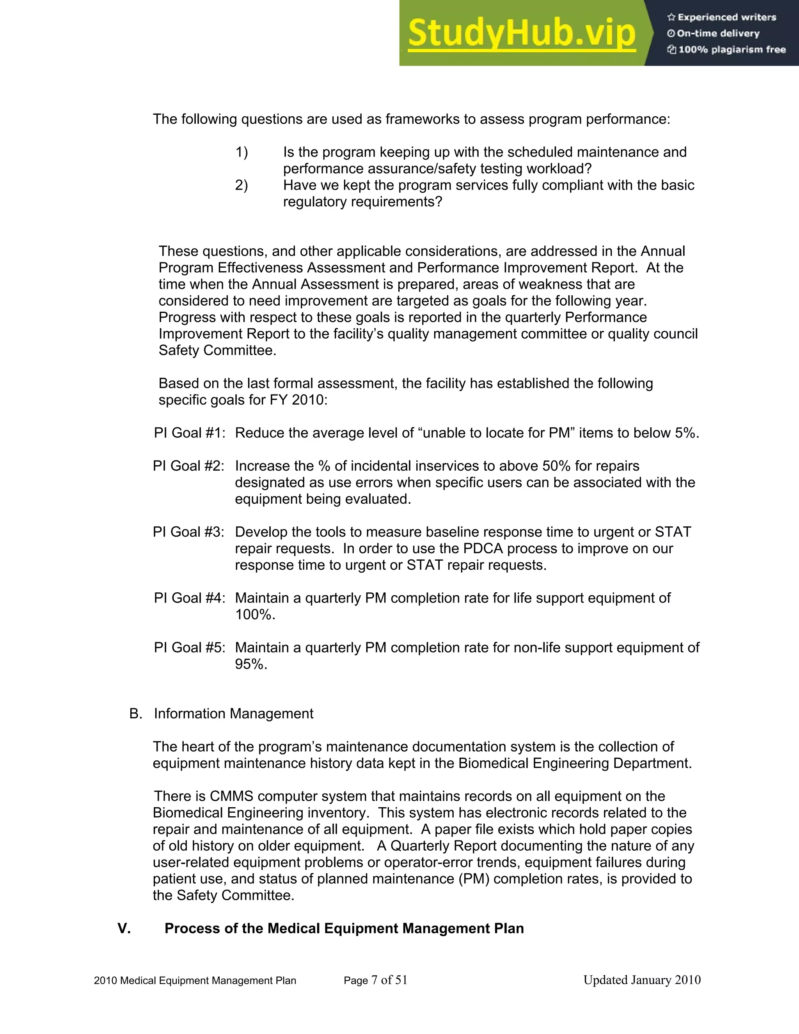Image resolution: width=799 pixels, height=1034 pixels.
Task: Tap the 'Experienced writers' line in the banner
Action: [x=722, y=18]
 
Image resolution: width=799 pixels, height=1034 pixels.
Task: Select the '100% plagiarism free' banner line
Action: [x=726, y=50]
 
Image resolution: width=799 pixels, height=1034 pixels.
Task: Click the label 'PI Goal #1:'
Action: [x=189, y=433]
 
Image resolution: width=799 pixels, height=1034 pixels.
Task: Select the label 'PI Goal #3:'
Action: [x=188, y=532]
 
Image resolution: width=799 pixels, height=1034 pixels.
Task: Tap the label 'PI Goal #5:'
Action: [x=189, y=648]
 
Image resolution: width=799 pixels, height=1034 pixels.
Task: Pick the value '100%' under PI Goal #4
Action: [x=255, y=615]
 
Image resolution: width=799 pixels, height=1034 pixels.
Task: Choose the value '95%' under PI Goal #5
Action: [x=251, y=664]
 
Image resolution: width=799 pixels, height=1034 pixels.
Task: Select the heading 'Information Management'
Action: [x=233, y=714]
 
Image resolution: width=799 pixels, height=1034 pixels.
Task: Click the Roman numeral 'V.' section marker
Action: [x=124, y=928]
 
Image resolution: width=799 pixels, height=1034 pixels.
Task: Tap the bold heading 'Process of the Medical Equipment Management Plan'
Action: [x=344, y=928]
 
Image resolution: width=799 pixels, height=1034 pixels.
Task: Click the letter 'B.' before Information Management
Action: [x=135, y=714]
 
